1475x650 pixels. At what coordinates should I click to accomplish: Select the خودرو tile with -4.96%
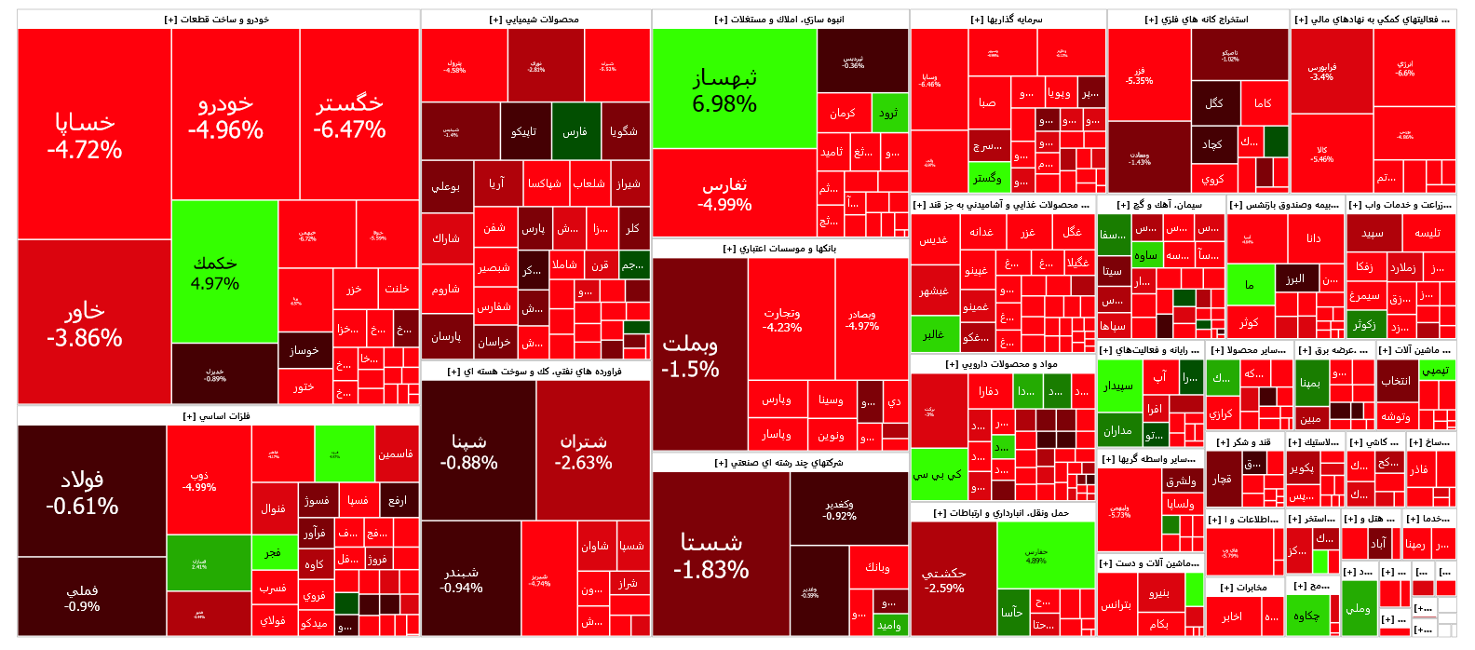[225, 116]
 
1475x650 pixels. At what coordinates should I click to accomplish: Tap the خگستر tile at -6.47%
[349, 116]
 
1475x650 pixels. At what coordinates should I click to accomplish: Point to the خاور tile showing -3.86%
[84, 323]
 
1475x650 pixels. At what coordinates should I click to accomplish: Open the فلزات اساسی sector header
[217, 416]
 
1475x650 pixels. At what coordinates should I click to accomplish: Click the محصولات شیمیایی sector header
[535, 20]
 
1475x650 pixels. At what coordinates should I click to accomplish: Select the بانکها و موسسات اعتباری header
[779, 249]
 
